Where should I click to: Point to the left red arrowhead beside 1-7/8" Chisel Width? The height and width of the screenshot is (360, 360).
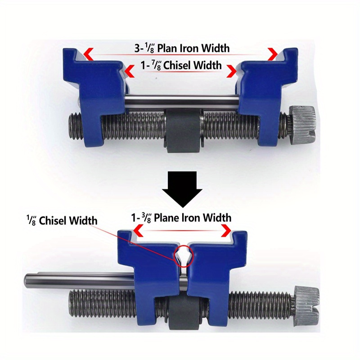pyautogui.click(x=129, y=71)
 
